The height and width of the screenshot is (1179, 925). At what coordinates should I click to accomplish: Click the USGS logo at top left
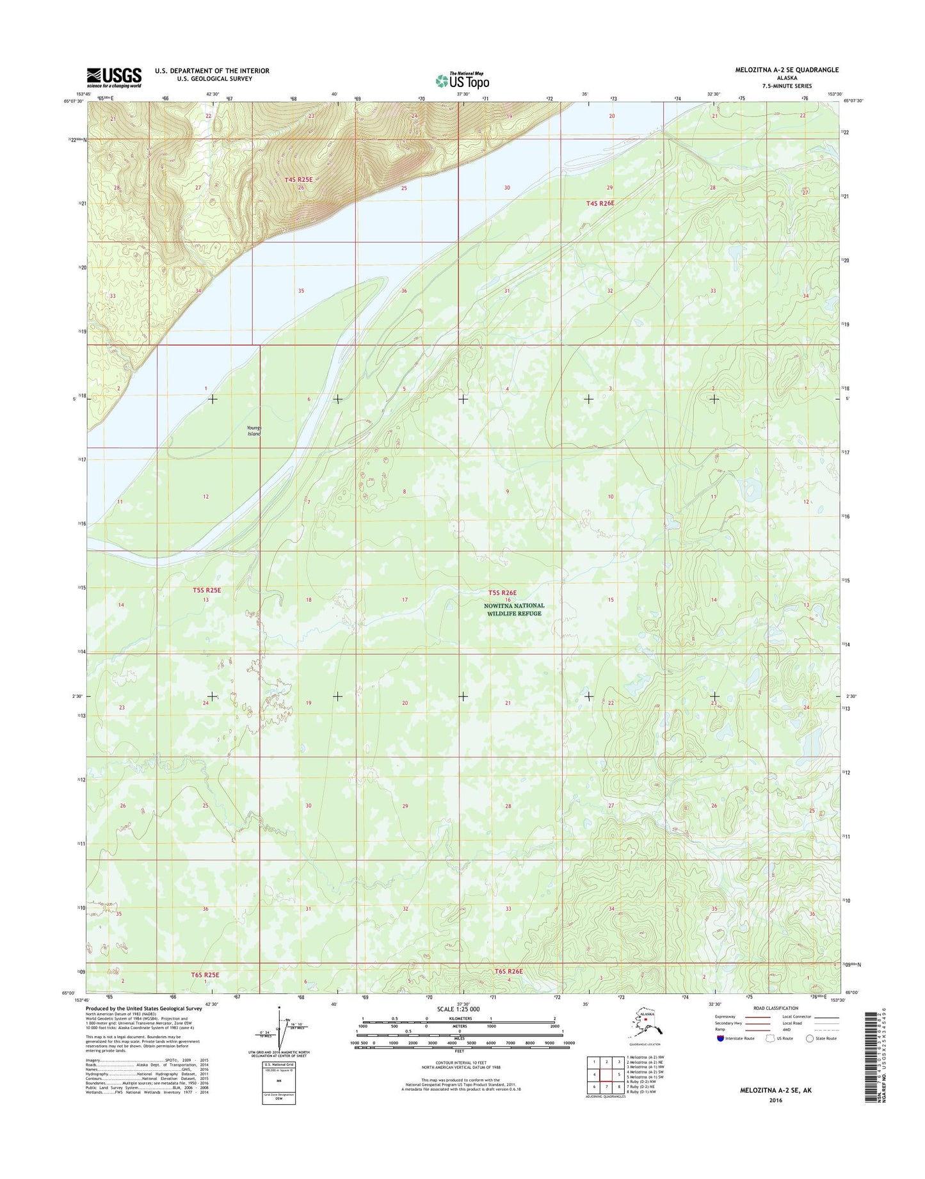114,77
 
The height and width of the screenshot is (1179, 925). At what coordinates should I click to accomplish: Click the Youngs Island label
254,431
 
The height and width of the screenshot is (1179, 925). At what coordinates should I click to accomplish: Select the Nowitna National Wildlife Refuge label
514,609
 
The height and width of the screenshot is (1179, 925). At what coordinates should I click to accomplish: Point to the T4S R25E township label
298,180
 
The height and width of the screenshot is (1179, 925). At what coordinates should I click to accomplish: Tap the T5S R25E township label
207,590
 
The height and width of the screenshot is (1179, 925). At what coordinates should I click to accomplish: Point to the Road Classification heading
776,1008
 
